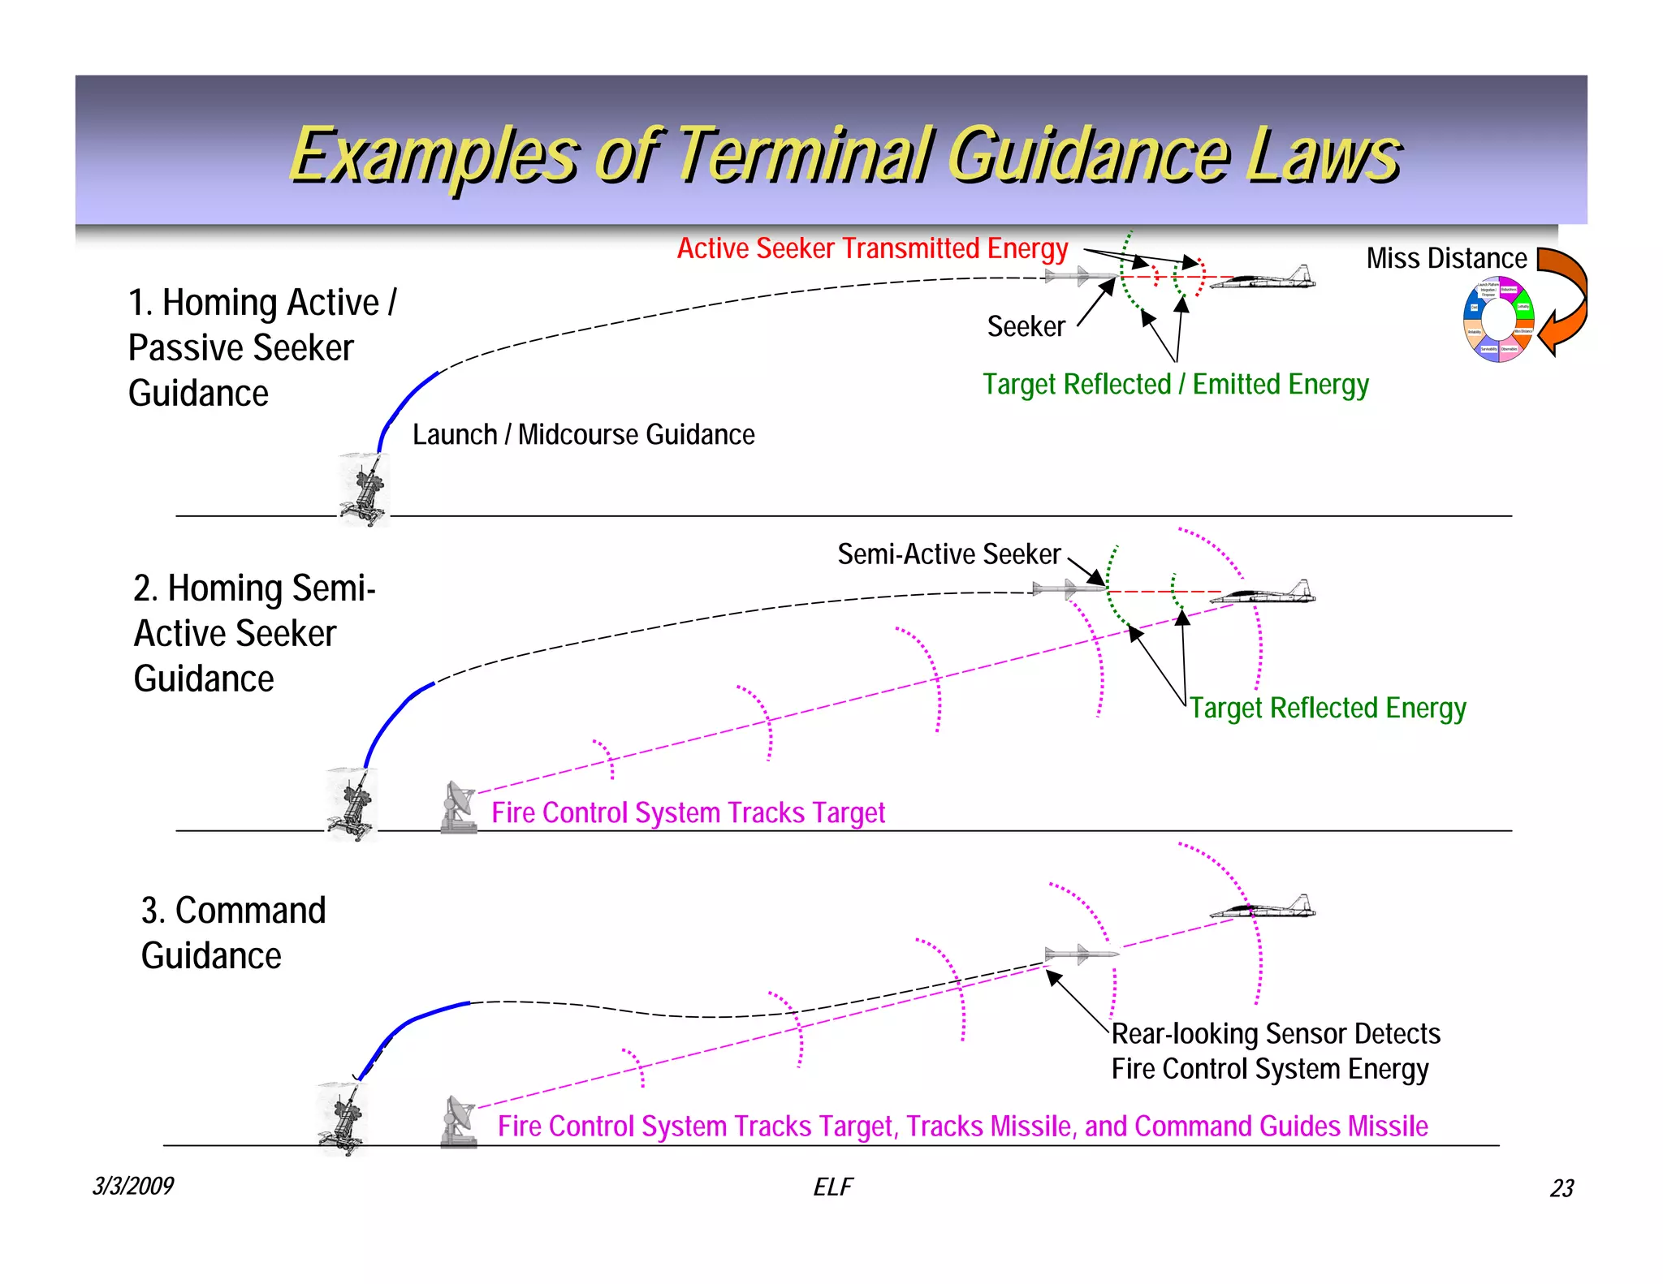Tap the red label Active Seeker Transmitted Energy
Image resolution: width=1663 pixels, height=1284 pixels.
coord(872,248)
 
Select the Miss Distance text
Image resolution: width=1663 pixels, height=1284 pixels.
coord(1446,258)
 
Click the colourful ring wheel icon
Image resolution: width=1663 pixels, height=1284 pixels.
coord(1498,319)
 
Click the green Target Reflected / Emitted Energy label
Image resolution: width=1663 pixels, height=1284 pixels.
coord(1175,384)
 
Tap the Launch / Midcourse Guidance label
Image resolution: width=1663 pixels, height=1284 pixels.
coord(583,434)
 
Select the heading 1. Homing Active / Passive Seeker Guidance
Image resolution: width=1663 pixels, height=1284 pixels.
coord(261,347)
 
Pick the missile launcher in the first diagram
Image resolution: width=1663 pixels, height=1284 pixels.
coord(365,490)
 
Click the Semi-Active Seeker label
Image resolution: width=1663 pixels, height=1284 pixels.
coord(948,554)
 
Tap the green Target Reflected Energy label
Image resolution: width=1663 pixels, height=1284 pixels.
coord(1328,708)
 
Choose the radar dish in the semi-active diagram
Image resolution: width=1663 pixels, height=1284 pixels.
coord(459,807)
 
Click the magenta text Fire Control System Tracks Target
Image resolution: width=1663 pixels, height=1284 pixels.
coord(688,812)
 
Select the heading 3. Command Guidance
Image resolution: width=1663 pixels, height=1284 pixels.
coord(233,933)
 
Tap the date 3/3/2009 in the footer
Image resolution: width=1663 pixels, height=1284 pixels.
coord(132,1186)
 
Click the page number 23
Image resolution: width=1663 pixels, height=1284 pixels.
coord(1561,1188)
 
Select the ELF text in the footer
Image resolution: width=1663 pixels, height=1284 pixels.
coord(832,1187)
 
